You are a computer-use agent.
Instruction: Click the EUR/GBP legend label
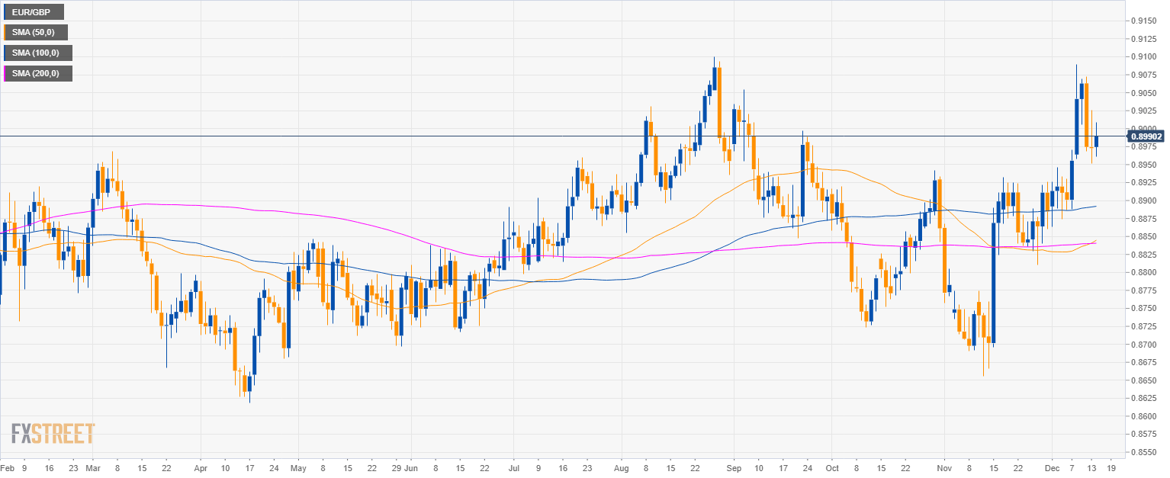point(32,11)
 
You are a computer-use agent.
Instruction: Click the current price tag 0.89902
point(1146,136)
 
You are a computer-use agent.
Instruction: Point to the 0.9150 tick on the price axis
point(1145,21)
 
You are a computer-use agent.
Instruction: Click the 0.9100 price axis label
point(1145,56)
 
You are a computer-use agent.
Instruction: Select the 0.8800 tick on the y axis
point(1145,272)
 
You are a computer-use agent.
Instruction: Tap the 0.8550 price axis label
point(1145,452)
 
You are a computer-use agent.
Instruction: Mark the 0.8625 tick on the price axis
point(1145,398)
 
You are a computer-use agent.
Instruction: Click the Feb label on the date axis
point(8,467)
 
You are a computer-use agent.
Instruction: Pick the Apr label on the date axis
point(201,467)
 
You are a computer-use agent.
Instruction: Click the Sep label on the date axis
point(734,467)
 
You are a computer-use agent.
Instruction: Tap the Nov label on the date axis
point(945,467)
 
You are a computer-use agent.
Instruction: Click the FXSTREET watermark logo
point(53,434)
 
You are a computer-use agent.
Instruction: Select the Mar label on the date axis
point(93,467)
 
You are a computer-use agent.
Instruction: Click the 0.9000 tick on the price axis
point(1145,128)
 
